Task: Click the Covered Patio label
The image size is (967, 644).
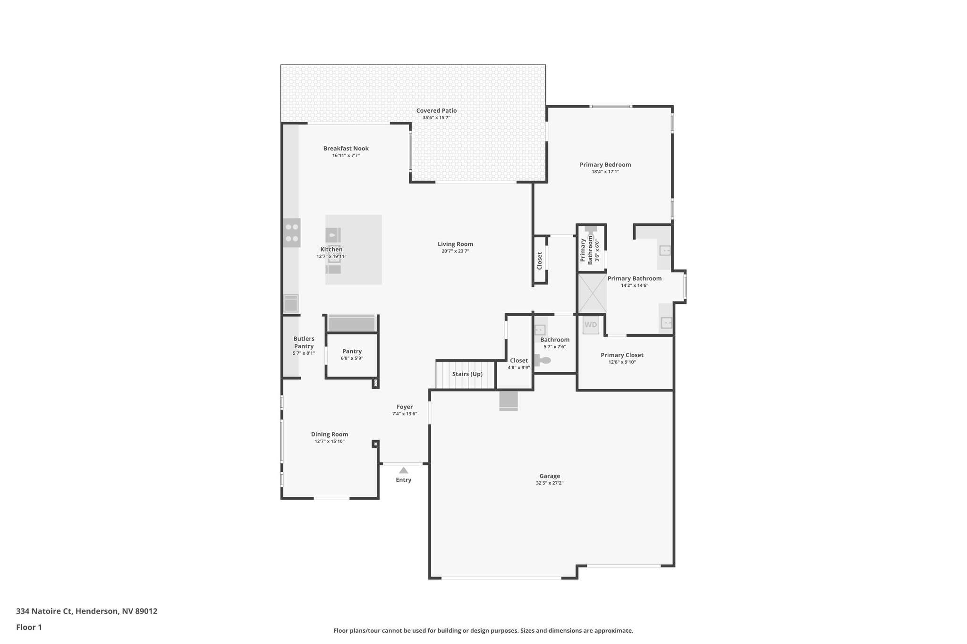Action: (436, 110)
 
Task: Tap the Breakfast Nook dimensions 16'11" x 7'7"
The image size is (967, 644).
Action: (346, 155)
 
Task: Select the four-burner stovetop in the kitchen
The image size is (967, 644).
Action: (292, 233)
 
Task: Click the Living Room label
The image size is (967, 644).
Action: (455, 244)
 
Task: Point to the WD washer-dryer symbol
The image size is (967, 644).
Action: (591, 325)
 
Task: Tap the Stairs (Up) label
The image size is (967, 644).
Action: (467, 374)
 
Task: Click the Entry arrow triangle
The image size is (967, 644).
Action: (403, 470)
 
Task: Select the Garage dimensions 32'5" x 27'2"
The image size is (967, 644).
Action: (550, 483)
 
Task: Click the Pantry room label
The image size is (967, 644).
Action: (352, 351)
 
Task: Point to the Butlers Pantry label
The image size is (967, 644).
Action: (304, 343)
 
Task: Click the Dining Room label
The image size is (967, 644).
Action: (330, 434)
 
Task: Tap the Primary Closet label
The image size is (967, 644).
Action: (622, 355)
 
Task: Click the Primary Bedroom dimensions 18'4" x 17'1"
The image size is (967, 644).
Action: (605, 172)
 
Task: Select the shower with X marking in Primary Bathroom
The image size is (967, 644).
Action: (592, 293)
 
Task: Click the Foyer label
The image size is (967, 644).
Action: (404, 407)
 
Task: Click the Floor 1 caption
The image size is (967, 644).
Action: (29, 627)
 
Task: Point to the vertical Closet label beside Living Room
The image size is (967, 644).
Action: (539, 260)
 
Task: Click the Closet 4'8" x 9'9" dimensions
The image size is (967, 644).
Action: (518, 368)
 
